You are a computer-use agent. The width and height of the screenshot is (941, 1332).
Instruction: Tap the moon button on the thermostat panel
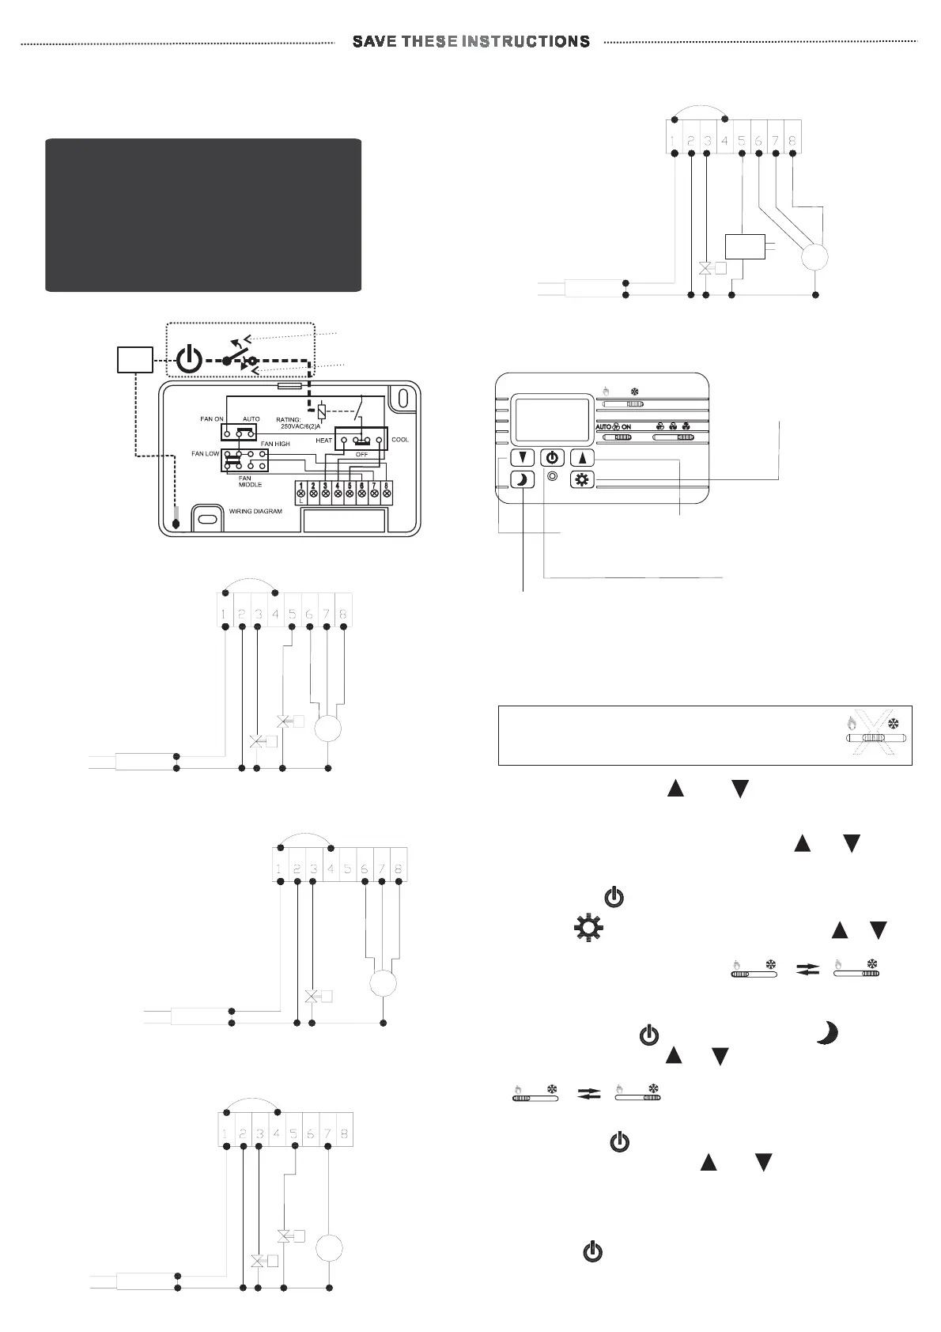click(522, 479)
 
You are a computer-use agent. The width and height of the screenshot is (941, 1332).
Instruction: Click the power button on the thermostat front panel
click(552, 458)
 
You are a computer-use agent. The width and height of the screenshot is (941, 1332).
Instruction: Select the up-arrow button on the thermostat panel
click(581, 458)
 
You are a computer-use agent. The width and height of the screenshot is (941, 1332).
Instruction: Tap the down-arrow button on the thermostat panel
click(522, 458)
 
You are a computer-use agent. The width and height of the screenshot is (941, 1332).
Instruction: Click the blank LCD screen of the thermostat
click(552, 420)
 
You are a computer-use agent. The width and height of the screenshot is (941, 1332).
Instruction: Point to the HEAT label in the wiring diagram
click(324, 440)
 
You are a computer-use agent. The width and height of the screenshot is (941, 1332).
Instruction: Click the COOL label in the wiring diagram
click(400, 440)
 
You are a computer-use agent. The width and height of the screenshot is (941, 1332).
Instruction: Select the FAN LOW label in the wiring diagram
click(205, 454)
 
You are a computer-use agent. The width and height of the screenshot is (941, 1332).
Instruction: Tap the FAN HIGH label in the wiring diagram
click(275, 445)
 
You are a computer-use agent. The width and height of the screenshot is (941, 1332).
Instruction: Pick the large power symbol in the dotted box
click(188, 360)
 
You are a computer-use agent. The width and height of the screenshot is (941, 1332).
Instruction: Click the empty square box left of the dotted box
click(134, 360)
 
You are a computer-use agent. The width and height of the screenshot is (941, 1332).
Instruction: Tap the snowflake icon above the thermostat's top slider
click(633, 391)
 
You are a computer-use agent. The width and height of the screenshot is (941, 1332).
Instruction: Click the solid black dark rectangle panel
click(203, 215)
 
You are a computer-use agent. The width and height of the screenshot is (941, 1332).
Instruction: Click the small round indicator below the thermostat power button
click(552, 477)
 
